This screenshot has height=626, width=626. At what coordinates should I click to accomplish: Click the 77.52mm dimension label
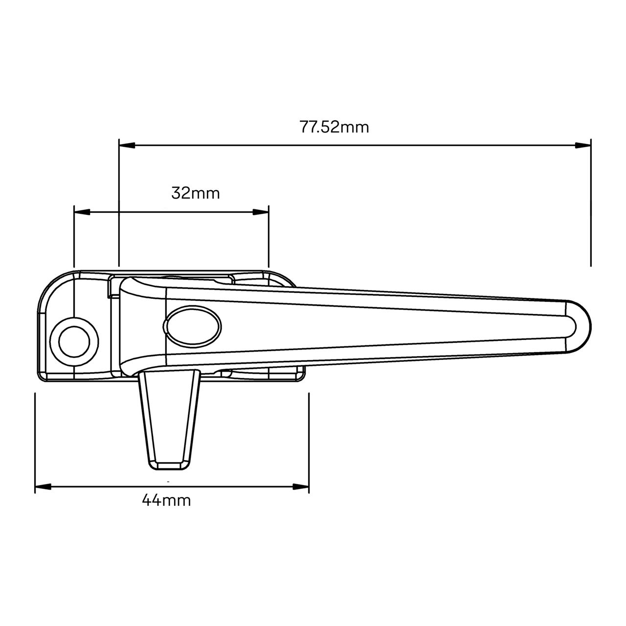pos(334,127)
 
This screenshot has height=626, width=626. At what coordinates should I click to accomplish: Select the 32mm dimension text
pos(196,193)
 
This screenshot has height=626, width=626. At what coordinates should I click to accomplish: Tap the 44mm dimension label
pos(166,500)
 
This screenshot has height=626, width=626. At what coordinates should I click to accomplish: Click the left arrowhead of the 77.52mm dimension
pos(127,145)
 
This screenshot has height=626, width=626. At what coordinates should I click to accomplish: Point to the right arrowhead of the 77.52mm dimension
pos(583,145)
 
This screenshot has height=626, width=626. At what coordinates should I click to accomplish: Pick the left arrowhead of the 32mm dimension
pos(82,212)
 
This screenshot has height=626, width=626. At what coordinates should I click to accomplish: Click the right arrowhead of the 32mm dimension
pos(261,212)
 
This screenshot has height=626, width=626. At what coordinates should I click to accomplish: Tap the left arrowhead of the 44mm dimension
pos(43,487)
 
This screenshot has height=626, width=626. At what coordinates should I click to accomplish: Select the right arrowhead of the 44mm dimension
pos(301,487)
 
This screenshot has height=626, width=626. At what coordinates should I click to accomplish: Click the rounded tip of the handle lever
pos(580,325)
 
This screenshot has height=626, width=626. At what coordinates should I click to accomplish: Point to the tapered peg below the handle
pos(169,416)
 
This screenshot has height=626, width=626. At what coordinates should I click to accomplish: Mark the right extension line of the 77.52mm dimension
pos(591,205)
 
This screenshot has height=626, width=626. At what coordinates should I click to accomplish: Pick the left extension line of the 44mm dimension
pos(35,440)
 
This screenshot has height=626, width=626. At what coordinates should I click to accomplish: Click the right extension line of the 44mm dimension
pos(309,440)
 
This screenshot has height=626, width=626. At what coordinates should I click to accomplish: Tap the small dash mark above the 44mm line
pos(168,482)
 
